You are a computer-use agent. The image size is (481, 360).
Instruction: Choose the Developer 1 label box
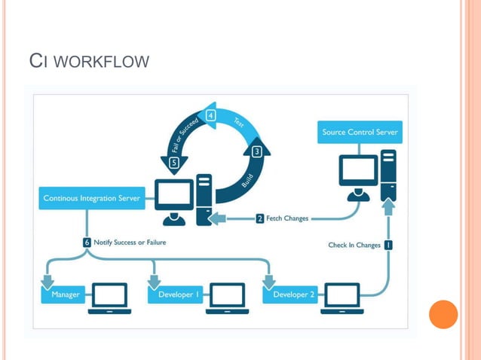(x=179, y=294)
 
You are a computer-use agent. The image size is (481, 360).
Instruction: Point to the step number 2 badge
(x=259, y=218)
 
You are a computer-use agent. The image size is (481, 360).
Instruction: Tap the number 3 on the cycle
(x=257, y=151)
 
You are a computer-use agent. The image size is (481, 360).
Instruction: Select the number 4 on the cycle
(x=211, y=115)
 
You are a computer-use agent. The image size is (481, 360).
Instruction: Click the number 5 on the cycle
(x=174, y=162)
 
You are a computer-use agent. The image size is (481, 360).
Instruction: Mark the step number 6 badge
(x=87, y=243)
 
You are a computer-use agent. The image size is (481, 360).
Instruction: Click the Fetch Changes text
(x=287, y=218)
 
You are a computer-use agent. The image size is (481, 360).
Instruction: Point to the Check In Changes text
(x=354, y=244)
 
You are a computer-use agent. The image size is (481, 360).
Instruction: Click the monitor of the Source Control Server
(x=358, y=172)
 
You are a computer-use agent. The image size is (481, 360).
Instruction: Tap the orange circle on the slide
(x=443, y=314)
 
